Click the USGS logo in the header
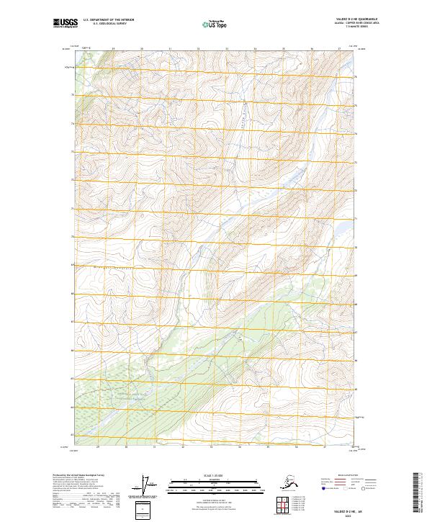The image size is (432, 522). click(x=63, y=24)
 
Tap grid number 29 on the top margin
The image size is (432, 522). click(x=114, y=49)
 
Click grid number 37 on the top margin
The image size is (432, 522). click(x=339, y=49)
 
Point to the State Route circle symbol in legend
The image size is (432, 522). click(x=364, y=489)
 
